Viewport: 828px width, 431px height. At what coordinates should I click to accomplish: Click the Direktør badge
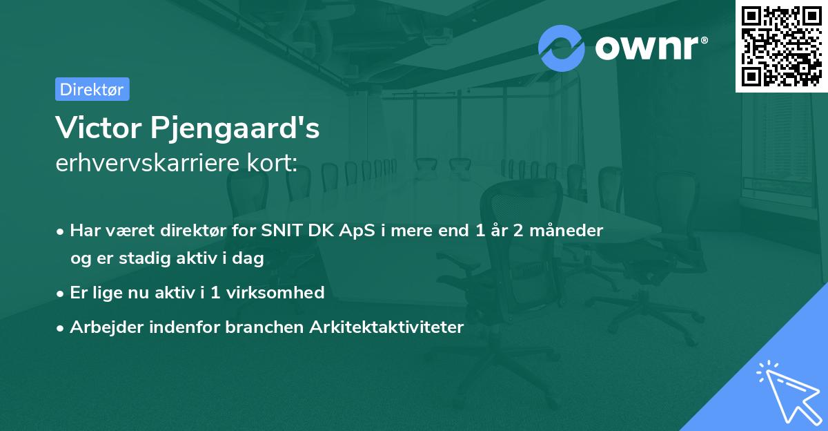click(92, 89)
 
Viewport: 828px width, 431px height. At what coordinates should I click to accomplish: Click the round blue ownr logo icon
click(561, 48)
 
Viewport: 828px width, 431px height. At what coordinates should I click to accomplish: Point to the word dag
click(250, 258)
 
